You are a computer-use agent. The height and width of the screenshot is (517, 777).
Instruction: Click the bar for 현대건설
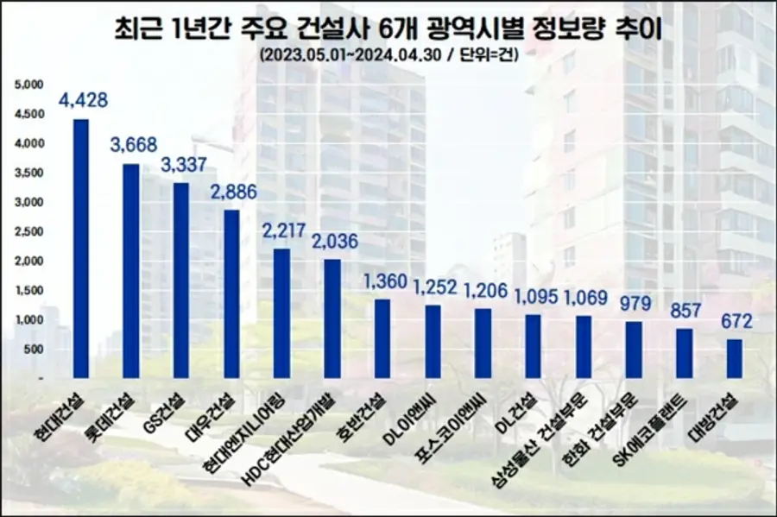coord(80,249)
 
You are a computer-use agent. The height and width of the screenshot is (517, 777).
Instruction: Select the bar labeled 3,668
coord(130,271)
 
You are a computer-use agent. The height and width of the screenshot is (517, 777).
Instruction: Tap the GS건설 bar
coord(180,281)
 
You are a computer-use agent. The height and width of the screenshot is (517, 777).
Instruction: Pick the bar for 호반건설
coord(382,338)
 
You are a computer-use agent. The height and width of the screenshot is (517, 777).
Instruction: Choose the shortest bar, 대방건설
coord(734,358)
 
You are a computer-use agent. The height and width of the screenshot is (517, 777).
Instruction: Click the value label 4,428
coord(83,100)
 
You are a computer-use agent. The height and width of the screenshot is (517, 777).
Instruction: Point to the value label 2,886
coord(233,192)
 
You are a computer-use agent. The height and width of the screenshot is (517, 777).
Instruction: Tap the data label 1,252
coord(433,287)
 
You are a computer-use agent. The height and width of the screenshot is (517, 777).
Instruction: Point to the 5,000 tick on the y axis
coord(28,85)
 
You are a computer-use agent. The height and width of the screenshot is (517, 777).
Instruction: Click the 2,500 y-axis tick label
coord(28,231)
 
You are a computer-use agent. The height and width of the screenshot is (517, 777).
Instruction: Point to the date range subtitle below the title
coord(388,55)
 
